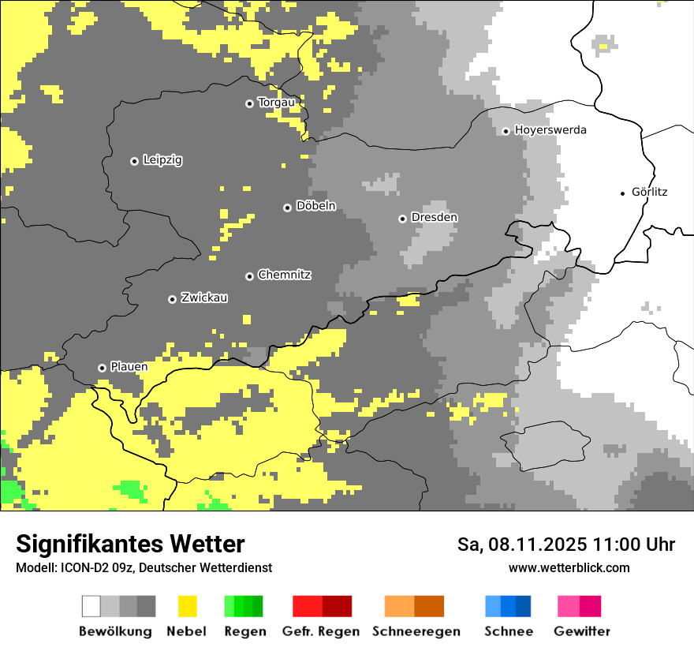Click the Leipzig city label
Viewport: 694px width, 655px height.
tap(162, 160)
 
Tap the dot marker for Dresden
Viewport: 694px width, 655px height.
tap(402, 219)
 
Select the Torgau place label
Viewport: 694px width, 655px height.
tap(276, 103)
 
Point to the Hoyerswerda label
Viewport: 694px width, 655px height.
tap(550, 130)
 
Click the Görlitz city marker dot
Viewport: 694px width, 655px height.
tap(623, 193)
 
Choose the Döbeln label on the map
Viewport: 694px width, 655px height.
tap(315, 207)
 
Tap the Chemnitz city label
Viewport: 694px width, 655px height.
tap(285, 275)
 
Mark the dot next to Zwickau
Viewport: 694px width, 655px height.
tap(172, 299)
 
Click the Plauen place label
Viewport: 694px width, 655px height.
tap(129, 368)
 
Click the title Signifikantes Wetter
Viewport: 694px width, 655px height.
tap(130, 545)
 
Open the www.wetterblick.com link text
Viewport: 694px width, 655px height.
tap(569, 568)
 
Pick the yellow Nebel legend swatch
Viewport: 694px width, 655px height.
tap(187, 606)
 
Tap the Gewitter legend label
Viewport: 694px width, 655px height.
tap(582, 631)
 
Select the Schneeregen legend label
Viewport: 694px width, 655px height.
tap(416, 631)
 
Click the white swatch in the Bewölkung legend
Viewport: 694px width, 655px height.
tap(91, 606)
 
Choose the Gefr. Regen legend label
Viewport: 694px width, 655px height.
tap(321, 631)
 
